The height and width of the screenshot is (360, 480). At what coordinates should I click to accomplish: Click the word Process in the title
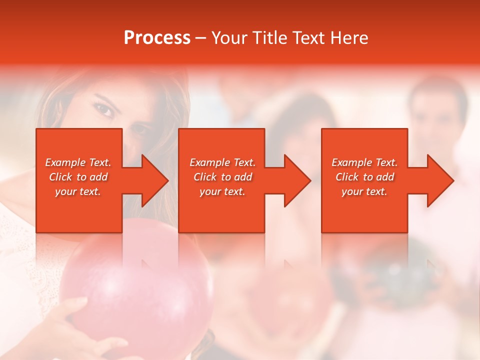pyautogui.click(x=157, y=38)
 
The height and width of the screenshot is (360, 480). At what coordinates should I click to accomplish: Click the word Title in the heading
pyautogui.click(x=270, y=38)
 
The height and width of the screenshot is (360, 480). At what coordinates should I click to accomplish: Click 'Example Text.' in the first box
pyautogui.click(x=78, y=162)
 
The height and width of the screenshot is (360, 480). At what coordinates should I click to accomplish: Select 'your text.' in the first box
pyautogui.click(x=78, y=191)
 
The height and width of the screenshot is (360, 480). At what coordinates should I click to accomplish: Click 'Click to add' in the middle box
pyautogui.click(x=222, y=177)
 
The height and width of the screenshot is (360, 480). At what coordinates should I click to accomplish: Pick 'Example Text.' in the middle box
pyautogui.click(x=222, y=162)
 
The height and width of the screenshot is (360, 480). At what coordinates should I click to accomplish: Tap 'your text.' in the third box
pyautogui.click(x=364, y=191)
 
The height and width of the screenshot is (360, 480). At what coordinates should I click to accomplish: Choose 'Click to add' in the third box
pyautogui.click(x=364, y=177)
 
